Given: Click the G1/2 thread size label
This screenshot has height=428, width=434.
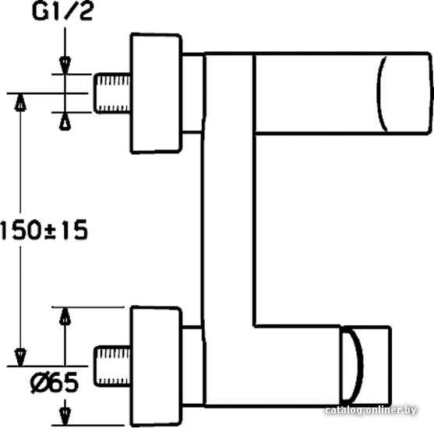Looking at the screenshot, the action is pos(62,12).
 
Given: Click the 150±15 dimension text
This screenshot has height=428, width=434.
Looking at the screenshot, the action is pos(44,230).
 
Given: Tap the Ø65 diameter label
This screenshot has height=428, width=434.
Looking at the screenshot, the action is pos(55,382).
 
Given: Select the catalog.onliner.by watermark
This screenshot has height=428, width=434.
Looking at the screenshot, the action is pos(370,410).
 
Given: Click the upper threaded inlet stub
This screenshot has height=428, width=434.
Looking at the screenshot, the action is pos(112,93).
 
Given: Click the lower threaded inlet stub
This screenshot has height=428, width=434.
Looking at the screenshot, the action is pos(112,366).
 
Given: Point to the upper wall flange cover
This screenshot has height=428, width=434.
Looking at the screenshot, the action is pos(156,93).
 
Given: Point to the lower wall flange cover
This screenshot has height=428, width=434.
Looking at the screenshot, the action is pos(156,366).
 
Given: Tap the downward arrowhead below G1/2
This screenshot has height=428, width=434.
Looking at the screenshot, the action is pos(65,65).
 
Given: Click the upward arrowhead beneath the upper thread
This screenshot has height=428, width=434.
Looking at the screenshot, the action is pos(65,121).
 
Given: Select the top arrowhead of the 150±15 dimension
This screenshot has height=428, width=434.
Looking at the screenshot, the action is pos(20,103).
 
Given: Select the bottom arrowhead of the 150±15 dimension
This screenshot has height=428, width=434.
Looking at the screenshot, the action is pos(20,357).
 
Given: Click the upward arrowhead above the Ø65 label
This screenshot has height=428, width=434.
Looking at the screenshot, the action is pos(65,316).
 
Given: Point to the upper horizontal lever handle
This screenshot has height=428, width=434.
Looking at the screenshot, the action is pos(343,93).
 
